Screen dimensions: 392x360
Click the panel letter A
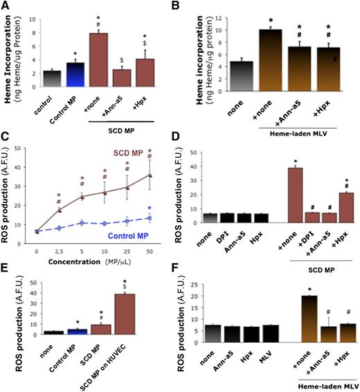click(6, 6)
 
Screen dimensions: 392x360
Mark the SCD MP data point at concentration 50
click(170, 175)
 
